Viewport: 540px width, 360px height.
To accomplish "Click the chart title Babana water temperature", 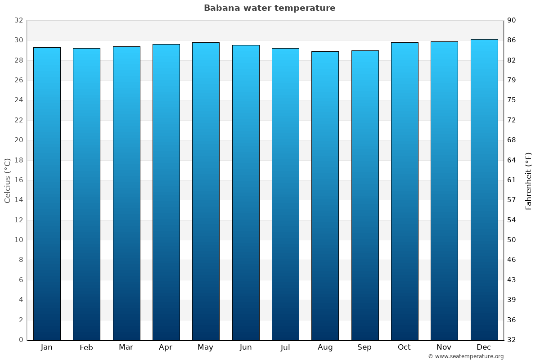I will click(x=270, y=8).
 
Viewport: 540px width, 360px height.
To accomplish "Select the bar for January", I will click(x=47, y=193).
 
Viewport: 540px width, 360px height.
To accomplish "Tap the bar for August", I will click(x=325, y=196).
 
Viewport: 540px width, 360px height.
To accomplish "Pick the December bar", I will click(x=484, y=189).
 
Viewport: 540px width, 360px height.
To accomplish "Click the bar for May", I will click(x=206, y=191).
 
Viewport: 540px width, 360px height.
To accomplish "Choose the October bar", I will click(x=405, y=191).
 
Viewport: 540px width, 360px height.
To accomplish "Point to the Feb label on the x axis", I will click(x=86, y=347).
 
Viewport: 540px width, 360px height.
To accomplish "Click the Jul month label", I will click(x=285, y=347).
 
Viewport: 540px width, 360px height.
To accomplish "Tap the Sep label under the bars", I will click(x=364, y=347).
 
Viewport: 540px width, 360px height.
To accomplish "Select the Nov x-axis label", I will click(x=444, y=347).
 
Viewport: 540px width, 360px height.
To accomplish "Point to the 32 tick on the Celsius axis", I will click(x=18, y=20).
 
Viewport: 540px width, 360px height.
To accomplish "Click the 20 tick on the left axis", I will click(x=18, y=140).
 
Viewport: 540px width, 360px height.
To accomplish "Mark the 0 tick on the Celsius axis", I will click(x=21, y=340).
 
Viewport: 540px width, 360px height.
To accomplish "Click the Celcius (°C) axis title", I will click(x=8, y=180).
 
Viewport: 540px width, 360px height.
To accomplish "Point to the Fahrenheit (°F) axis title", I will click(x=529, y=180).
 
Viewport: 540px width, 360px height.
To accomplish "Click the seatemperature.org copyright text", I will click(x=466, y=356).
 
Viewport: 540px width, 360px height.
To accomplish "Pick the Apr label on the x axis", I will click(x=166, y=347).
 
